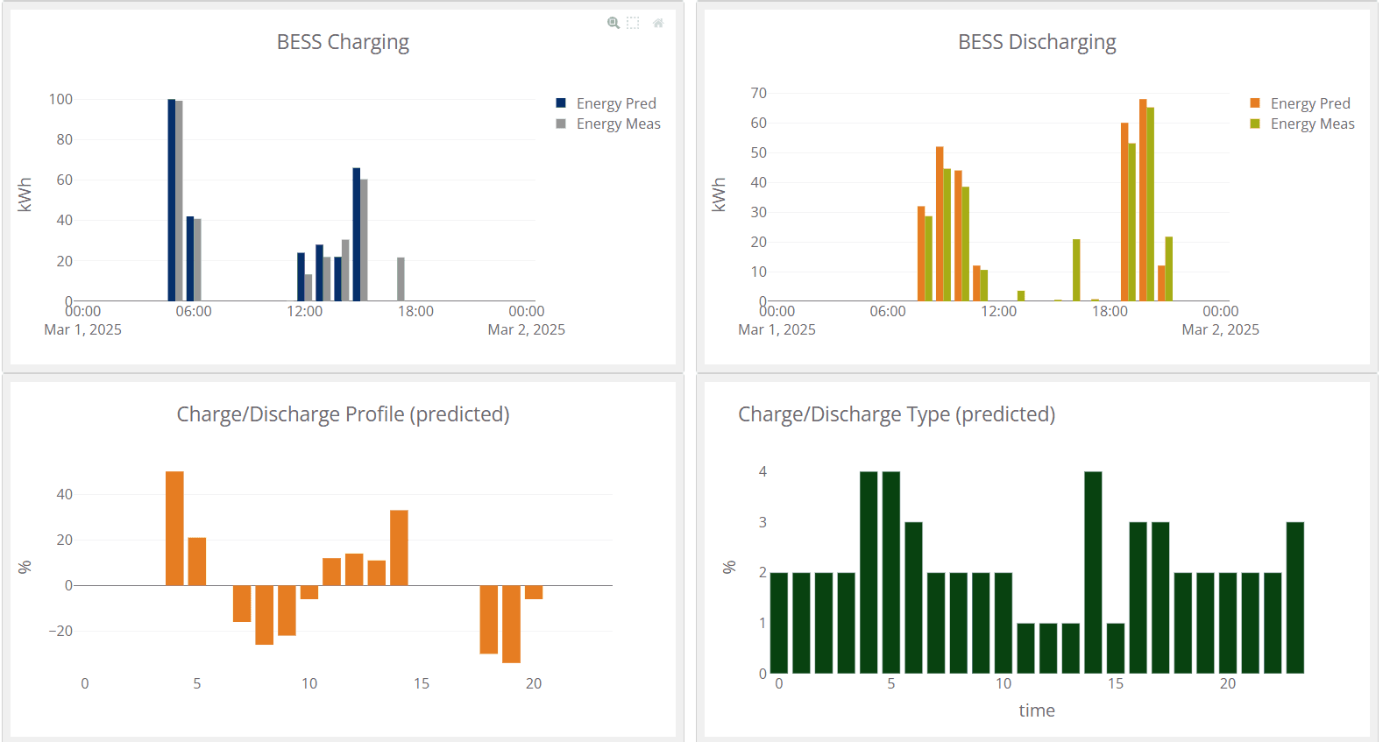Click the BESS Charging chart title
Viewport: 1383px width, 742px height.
(x=343, y=42)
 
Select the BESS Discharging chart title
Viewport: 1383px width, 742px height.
(x=1037, y=42)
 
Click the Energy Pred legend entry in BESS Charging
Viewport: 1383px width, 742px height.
(x=615, y=103)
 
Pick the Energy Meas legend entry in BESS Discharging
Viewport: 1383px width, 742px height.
(x=1312, y=124)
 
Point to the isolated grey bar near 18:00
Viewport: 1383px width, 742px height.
(x=401, y=279)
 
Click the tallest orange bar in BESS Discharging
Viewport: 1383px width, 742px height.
(x=1143, y=201)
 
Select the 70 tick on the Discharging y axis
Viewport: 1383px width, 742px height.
(x=758, y=93)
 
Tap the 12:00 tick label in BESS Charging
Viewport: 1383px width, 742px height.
(x=304, y=311)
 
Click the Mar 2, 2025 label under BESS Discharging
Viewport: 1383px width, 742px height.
(x=1220, y=329)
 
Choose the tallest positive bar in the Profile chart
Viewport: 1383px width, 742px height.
(x=174, y=528)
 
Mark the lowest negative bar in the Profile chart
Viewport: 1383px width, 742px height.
(x=511, y=624)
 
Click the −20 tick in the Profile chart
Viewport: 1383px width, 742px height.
(x=60, y=631)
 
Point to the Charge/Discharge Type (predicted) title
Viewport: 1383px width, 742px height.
(x=896, y=414)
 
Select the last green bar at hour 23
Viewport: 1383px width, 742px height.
(x=1294, y=597)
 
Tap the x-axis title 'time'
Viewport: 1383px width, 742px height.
(x=1036, y=710)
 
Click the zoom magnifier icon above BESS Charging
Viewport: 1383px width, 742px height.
(x=613, y=23)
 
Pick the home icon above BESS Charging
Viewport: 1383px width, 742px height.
(x=658, y=23)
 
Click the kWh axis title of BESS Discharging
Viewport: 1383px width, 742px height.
(x=720, y=194)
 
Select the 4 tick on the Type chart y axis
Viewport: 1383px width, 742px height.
(x=762, y=471)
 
